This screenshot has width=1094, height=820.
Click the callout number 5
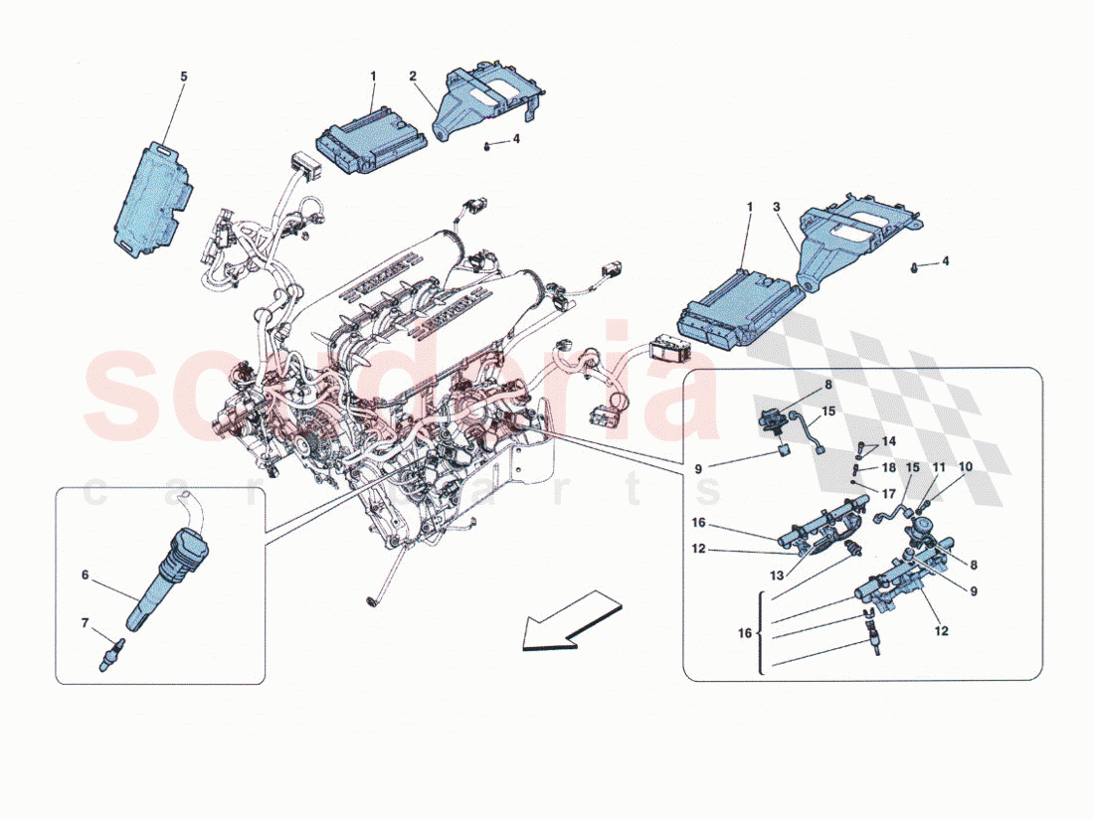tap(182, 76)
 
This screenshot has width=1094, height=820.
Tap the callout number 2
tap(413, 76)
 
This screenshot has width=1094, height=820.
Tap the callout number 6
tap(87, 574)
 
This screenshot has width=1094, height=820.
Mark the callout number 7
tap(85, 622)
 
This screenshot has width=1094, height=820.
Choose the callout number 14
tap(888, 440)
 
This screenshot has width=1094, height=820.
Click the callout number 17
tap(888, 490)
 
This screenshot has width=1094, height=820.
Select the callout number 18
tap(888, 466)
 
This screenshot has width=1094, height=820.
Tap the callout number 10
tap(966, 466)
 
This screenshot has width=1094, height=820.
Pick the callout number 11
tap(938, 466)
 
